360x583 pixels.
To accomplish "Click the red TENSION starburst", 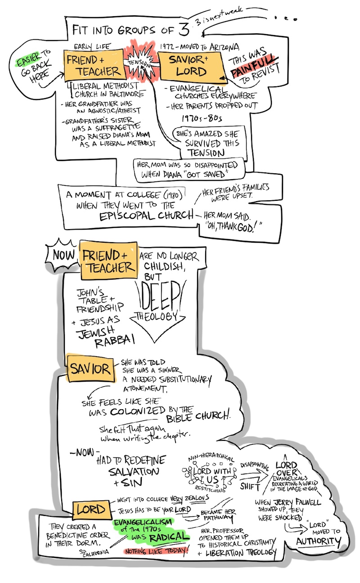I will (140, 63).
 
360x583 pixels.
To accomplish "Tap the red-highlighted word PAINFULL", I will (252, 72).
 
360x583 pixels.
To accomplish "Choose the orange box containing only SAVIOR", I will (89, 370).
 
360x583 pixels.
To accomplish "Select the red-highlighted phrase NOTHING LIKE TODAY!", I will (155, 550).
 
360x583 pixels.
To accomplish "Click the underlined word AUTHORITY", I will (318, 541).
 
